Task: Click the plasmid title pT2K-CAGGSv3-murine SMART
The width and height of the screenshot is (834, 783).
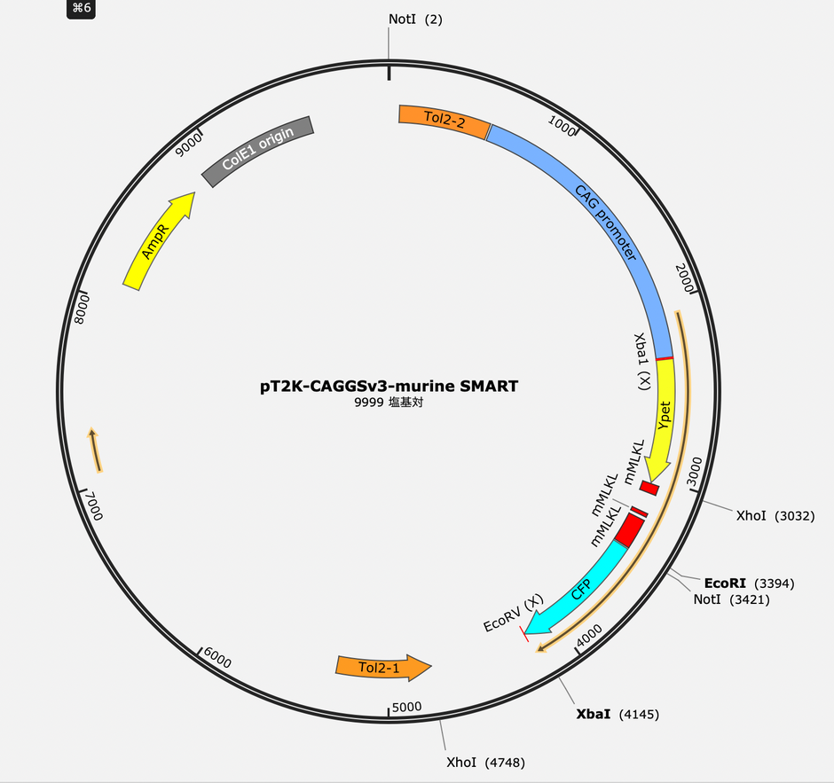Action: click(x=389, y=386)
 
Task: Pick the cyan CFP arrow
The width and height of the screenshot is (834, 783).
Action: click(x=579, y=590)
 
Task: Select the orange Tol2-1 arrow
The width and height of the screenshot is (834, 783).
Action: click(x=383, y=667)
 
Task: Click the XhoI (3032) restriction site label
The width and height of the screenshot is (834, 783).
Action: click(x=775, y=515)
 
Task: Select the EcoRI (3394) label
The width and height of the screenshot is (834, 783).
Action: click(x=749, y=583)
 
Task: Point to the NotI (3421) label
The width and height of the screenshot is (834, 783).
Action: click(x=731, y=599)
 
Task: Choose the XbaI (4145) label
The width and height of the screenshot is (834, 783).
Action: click(x=618, y=714)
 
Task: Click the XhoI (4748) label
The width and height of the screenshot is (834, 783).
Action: click(x=485, y=763)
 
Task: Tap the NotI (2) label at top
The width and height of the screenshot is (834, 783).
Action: click(x=415, y=20)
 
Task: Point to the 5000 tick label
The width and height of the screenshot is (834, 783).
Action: click(x=407, y=707)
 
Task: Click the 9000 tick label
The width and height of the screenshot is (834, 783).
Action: click(x=189, y=145)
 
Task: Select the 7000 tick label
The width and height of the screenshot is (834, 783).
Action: click(x=94, y=505)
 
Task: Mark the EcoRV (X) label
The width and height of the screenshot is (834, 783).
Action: click(x=514, y=613)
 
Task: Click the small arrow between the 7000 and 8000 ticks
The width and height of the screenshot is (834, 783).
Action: click(x=95, y=450)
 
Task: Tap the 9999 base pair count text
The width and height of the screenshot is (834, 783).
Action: click(x=389, y=403)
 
